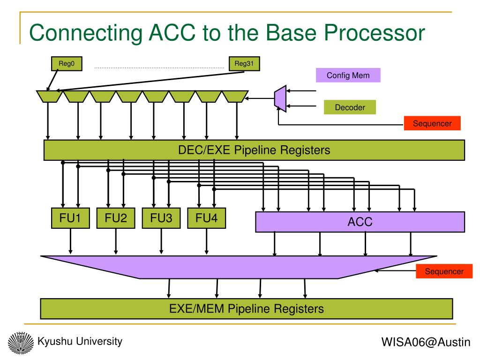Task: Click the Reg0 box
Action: point(67,64)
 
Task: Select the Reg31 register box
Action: point(244,64)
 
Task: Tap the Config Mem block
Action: point(348,75)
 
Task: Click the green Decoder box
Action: point(350,107)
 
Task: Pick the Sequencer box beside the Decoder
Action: point(432,123)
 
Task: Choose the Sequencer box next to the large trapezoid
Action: point(444,271)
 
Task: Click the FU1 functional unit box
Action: point(70,218)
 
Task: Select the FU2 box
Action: point(116,218)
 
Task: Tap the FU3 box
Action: point(161,218)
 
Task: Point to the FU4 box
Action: point(207,218)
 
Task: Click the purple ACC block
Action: point(360,222)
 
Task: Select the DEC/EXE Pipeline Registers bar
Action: point(255,150)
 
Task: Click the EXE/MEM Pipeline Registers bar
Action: point(247,308)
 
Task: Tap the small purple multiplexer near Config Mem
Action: point(280,98)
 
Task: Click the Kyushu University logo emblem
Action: point(21,343)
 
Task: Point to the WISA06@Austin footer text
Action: point(426,342)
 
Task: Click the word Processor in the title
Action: point(375,33)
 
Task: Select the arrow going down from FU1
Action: point(70,241)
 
